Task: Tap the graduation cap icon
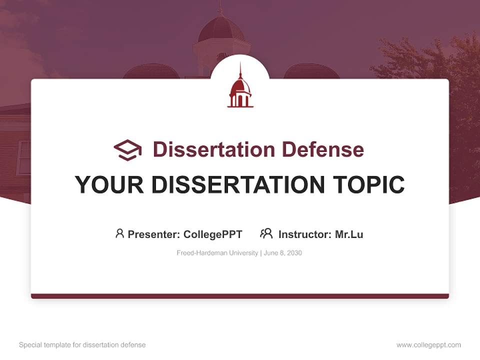(127, 150)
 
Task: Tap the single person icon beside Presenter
(119, 233)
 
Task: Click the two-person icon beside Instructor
(266, 233)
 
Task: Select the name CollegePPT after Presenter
(213, 234)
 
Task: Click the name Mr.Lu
(349, 234)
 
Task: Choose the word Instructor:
(305, 234)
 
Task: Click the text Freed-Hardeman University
(216, 253)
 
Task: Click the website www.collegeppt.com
(428, 345)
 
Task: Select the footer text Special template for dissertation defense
(82, 345)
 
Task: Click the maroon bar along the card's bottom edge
(240, 296)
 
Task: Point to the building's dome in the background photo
(221, 30)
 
